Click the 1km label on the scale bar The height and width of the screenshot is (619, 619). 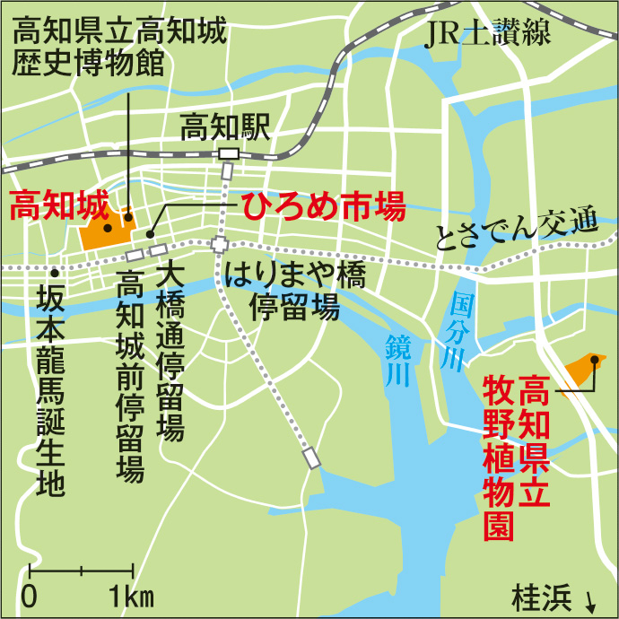[132, 596]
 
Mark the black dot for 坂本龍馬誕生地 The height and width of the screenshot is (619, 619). [56, 271]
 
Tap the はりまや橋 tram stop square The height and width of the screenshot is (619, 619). [220, 244]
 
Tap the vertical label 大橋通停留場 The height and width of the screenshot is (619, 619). [170, 350]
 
